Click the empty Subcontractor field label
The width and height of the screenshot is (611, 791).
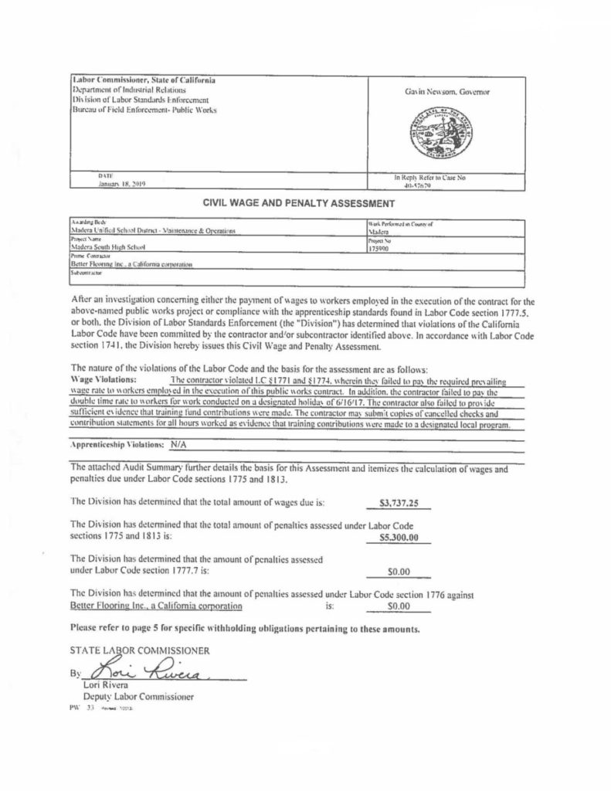(x=89, y=272)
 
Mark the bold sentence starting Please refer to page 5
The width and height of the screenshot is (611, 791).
(x=245, y=630)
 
